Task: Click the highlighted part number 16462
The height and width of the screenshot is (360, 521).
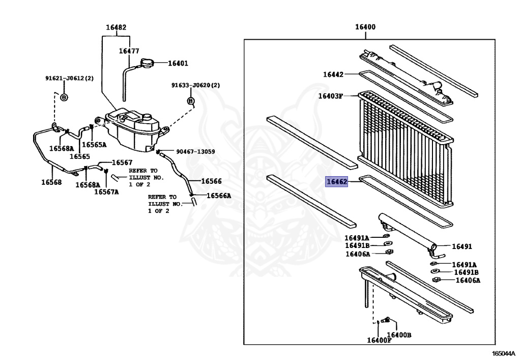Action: coord(336,181)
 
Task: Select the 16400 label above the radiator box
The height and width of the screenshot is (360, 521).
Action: coord(365,27)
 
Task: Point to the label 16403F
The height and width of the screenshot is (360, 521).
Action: coord(331,96)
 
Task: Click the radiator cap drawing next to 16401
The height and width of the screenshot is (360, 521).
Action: coord(144,64)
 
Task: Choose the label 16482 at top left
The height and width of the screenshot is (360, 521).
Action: coord(116,27)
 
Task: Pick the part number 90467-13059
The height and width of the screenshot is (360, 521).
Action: coord(195,152)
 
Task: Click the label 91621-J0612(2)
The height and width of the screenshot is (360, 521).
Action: coord(70,78)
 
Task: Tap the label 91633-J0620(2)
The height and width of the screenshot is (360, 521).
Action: coord(195,86)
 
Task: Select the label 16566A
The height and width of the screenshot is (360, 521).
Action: coord(219,196)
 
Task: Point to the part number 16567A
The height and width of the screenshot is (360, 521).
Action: coord(106,192)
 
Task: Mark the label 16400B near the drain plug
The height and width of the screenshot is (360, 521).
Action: coord(399,335)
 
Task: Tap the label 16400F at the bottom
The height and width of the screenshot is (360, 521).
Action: coord(379,340)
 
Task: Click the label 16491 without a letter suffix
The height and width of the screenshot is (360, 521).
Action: coord(462,246)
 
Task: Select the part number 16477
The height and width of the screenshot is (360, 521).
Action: coord(129,51)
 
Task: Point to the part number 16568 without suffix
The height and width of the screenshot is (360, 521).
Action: coord(51,181)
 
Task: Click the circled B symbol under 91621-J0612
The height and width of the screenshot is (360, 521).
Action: coord(64,97)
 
